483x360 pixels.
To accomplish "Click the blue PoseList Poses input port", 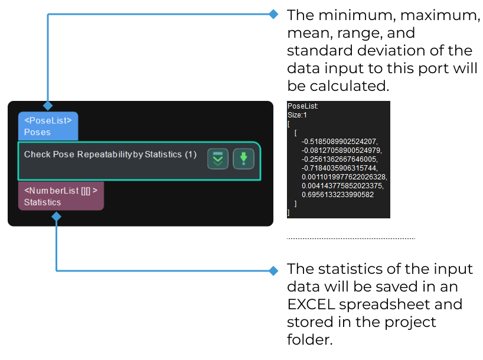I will tap(48, 126).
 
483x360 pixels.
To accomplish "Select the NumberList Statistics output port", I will tap(61, 196).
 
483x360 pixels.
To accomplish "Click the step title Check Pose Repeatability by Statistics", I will tap(110, 155).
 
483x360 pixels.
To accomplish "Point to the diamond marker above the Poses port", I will tap(48, 105).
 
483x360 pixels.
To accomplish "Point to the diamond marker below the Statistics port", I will tap(56, 217).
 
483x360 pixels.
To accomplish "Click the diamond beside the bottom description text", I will tap(273, 271).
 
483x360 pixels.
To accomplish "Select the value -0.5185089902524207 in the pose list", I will tap(338, 142).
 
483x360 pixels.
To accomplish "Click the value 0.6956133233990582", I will tap(337, 194).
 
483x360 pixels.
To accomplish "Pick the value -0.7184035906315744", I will tap(338, 168).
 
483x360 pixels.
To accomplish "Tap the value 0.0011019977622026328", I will tap(344, 176).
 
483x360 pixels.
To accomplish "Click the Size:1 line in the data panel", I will tap(298, 115).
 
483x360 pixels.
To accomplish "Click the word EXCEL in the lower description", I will tap(314, 305).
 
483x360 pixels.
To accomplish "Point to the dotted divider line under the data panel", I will tap(351, 238).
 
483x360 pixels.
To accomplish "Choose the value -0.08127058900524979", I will tap(341, 150).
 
